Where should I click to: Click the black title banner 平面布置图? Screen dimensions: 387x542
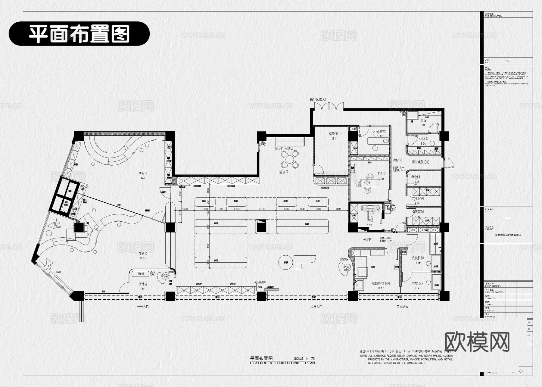(79, 33)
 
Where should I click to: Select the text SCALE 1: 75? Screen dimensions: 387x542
(304, 359)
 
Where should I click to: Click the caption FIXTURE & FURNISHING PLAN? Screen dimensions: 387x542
(282, 363)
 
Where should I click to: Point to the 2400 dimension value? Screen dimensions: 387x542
(261, 209)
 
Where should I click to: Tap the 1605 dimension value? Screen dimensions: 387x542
(338, 209)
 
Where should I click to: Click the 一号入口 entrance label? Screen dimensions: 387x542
(143, 307)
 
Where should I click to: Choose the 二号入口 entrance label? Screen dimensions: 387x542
(316, 307)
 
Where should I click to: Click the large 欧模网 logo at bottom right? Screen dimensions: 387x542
(477, 342)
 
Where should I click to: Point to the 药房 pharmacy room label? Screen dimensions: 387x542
(423, 120)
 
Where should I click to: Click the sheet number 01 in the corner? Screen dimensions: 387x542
(521, 371)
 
